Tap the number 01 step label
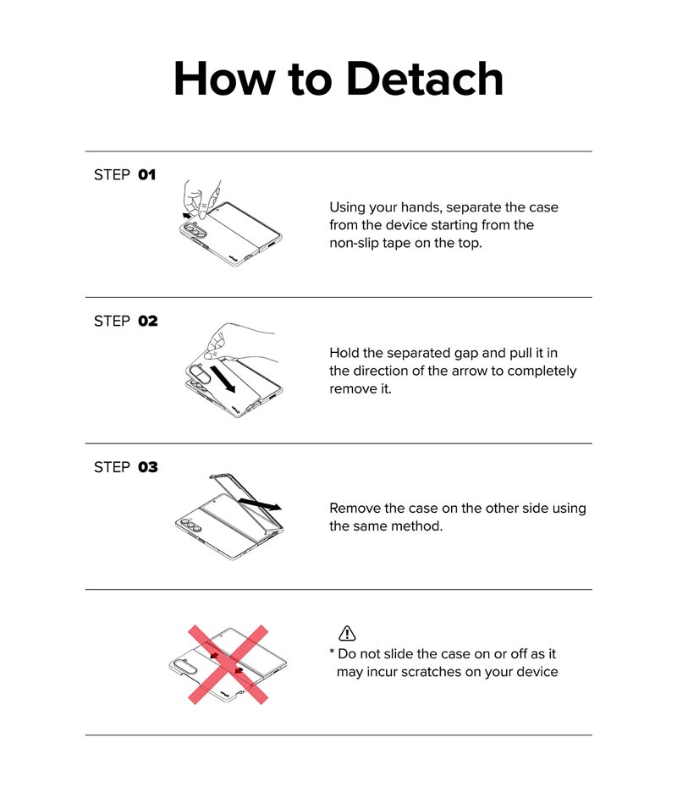[147, 174]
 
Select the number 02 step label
[148, 321]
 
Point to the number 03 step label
[148, 467]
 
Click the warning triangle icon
[347, 634]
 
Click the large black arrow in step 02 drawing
[223, 379]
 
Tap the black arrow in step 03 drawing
[260, 504]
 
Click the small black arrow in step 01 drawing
[188, 215]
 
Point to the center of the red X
[228, 664]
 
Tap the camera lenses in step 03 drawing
[190, 524]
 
